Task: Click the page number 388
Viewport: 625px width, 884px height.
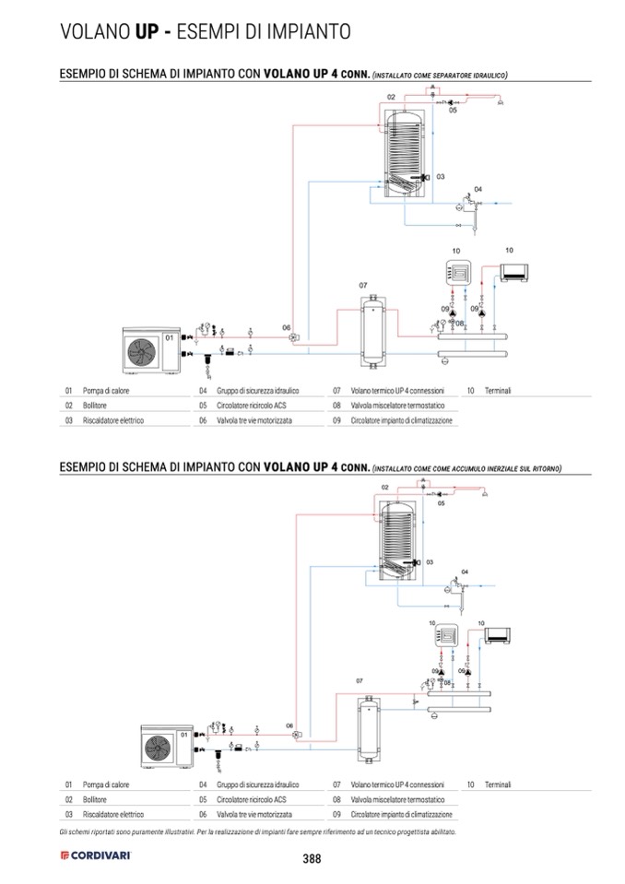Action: coord(312,858)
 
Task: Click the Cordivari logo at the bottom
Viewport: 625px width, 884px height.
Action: coord(96,855)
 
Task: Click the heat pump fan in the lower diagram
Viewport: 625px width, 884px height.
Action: coord(158,748)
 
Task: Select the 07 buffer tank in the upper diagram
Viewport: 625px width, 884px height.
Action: coord(371,332)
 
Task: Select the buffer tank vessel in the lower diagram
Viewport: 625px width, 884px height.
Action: coord(368,730)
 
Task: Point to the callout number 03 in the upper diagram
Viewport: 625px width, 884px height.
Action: coord(441,176)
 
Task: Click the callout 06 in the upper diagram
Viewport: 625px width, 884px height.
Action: coord(287,327)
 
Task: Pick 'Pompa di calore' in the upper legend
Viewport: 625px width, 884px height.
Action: coord(106,391)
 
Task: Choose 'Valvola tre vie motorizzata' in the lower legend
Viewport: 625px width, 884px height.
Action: coord(254,815)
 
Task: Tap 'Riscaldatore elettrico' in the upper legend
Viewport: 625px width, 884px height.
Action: coord(113,420)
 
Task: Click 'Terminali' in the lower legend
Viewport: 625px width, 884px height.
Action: coord(498,784)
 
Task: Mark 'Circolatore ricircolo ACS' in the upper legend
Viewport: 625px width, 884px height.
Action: coord(252,406)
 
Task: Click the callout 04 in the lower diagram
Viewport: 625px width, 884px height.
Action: coord(465,572)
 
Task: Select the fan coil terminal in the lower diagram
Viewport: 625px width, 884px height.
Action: coord(497,636)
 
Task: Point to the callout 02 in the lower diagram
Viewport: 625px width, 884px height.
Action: coord(385,487)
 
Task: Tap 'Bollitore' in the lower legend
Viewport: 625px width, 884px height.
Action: coord(95,799)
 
